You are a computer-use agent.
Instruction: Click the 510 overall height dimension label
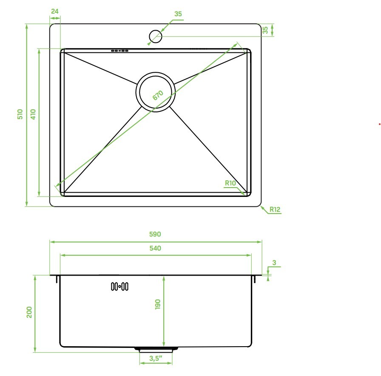click(x=20, y=114)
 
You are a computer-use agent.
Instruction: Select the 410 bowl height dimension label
click(x=33, y=114)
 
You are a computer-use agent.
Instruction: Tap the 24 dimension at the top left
click(x=55, y=11)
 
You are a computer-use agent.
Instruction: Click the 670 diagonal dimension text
click(x=158, y=95)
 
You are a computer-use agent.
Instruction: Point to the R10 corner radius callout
click(x=230, y=183)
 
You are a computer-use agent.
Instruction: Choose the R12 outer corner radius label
click(x=275, y=209)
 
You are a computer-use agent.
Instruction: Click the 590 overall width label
click(x=155, y=234)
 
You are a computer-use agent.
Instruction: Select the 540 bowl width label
click(x=155, y=248)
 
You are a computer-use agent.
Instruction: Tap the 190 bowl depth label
click(x=158, y=304)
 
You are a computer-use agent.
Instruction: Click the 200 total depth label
click(x=29, y=312)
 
